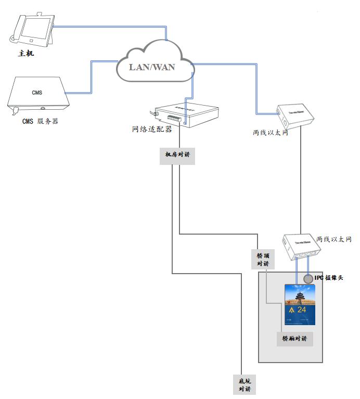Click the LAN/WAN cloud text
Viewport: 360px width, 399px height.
click(152, 67)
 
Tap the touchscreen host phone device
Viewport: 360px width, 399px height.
click(33, 31)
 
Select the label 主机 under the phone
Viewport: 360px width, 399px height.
click(26, 53)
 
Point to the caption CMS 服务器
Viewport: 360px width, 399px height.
click(40, 121)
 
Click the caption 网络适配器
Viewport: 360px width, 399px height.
click(152, 129)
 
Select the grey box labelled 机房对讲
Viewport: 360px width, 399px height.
click(177, 155)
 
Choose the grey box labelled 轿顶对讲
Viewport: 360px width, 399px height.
click(263, 260)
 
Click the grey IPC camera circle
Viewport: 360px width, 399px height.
click(308, 279)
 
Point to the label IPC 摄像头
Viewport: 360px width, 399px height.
click(329, 278)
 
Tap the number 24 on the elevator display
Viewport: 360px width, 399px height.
click(301, 310)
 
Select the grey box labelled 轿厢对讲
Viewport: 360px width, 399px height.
click(294, 339)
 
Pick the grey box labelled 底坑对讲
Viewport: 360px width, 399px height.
click(244, 384)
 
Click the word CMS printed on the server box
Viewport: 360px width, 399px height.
click(37, 93)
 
